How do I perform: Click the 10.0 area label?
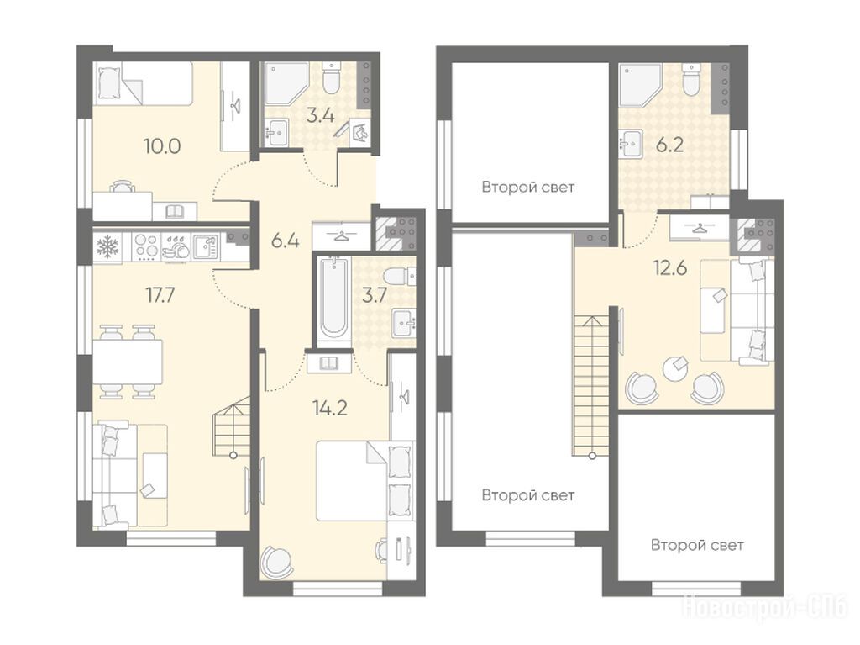tap(162, 146)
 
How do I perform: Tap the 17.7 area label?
tap(160, 295)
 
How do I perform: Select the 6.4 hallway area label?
tap(286, 241)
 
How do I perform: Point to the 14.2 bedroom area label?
tap(329, 408)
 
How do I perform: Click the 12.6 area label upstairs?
tap(670, 268)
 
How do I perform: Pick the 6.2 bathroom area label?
tap(669, 145)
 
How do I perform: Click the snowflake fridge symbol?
tap(107, 246)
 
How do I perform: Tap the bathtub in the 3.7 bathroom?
tap(333, 303)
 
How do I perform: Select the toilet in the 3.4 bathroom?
tap(331, 77)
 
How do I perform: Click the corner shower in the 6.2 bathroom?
tap(638, 84)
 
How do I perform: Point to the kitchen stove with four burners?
tap(146, 246)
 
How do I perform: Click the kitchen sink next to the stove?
tap(205, 246)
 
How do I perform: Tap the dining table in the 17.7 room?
tap(128, 362)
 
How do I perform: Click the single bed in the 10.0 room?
tap(144, 83)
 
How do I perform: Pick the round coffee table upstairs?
tap(674, 368)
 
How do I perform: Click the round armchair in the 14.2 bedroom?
tap(277, 561)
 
